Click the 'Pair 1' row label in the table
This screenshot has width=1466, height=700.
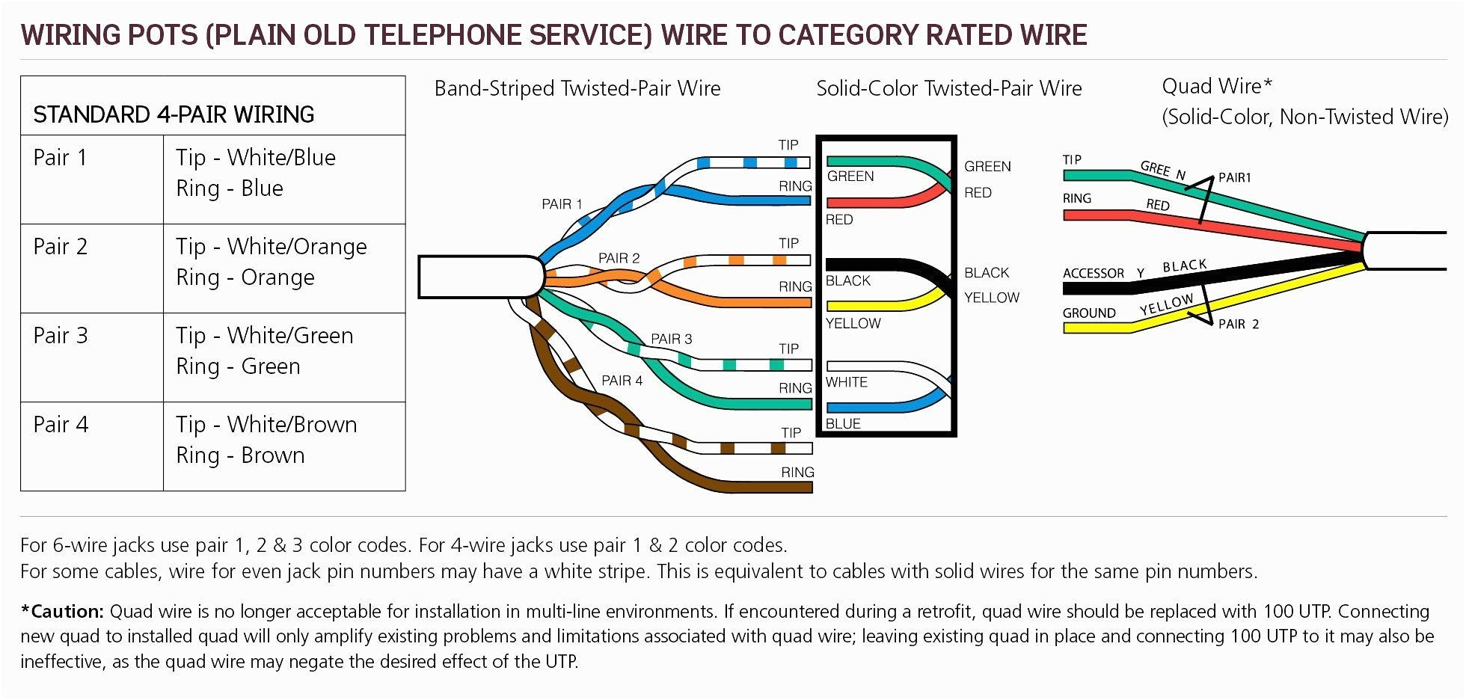pyautogui.click(x=61, y=158)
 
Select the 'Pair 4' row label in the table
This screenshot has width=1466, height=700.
pyautogui.click(x=61, y=425)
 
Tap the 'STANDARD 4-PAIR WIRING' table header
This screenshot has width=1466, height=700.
pyautogui.click(x=174, y=114)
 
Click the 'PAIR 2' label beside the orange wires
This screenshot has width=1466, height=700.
pyautogui.click(x=619, y=258)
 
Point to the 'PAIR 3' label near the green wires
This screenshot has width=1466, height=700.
pyautogui.click(x=671, y=339)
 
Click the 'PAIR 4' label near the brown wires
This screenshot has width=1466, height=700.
pyautogui.click(x=622, y=381)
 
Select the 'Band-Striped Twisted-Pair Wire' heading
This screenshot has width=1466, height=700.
pyautogui.click(x=577, y=88)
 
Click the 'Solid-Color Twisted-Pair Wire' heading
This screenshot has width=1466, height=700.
pyautogui.click(x=948, y=88)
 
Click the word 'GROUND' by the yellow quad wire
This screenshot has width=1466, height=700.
pyautogui.click(x=1089, y=313)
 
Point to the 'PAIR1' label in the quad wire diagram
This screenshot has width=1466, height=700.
pyautogui.click(x=1234, y=177)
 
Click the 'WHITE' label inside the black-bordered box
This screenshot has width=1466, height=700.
pyautogui.click(x=847, y=382)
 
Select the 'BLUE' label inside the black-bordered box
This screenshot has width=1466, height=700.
pyautogui.click(x=843, y=423)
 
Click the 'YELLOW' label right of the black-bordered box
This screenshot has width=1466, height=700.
pyautogui.click(x=992, y=298)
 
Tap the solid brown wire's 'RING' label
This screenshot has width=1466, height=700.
pyautogui.click(x=797, y=472)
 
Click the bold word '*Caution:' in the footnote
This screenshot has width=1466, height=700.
pyautogui.click(x=62, y=611)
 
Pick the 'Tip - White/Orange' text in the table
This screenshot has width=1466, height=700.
pyautogui.click(x=272, y=247)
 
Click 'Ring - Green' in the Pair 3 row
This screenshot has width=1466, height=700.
pyautogui.click(x=238, y=366)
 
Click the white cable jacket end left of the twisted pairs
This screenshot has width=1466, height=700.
pyautogui.click(x=479, y=277)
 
